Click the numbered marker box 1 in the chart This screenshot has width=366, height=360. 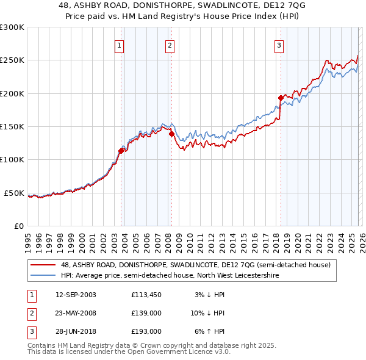(x=119, y=45)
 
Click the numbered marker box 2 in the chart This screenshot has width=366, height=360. (x=170, y=45)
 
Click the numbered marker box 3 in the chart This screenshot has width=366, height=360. (x=279, y=45)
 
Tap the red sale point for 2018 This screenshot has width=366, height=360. (x=281, y=98)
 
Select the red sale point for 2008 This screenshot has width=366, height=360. (x=171, y=134)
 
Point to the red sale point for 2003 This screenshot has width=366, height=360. (x=121, y=151)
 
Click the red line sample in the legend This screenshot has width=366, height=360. (x=44, y=265)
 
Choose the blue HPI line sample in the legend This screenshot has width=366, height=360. (x=44, y=275)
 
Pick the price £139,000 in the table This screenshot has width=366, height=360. (x=146, y=313)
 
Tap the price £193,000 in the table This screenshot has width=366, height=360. (x=146, y=332)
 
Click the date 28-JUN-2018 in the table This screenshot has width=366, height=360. (x=75, y=332)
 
